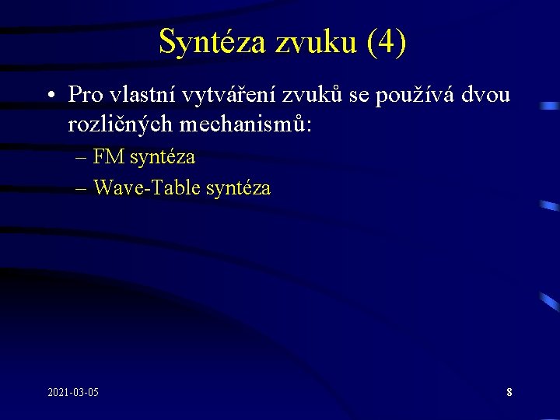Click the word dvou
tap(485, 95)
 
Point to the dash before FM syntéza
tap(82, 158)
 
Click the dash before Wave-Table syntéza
tap(82, 188)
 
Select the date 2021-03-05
tap(72, 391)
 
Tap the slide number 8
tap(509, 392)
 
